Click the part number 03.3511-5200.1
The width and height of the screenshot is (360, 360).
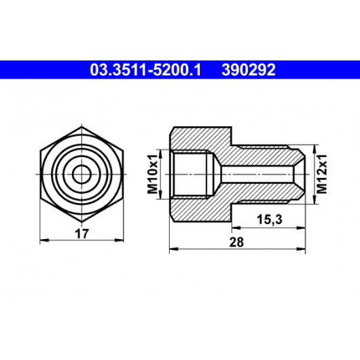[145, 70]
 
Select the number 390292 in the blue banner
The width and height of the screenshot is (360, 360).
[249, 70]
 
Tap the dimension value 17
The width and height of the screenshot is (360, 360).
[82, 234]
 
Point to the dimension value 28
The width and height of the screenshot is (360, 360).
[236, 242]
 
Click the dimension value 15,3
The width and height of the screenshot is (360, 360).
[269, 219]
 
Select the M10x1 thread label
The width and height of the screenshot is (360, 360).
[153, 175]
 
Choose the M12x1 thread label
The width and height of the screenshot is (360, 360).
[322, 175]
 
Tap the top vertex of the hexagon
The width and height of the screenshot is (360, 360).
[82, 126]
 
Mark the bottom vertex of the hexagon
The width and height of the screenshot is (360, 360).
[82, 222]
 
